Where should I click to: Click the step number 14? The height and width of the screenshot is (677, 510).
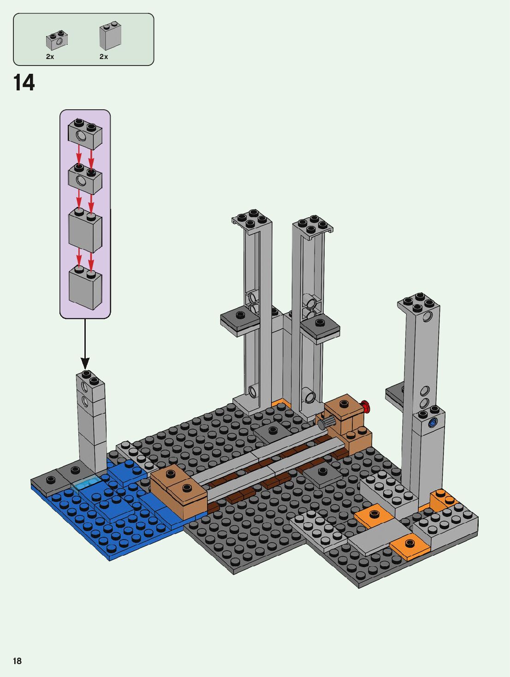[24, 83]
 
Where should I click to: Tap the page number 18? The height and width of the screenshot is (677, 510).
[17, 661]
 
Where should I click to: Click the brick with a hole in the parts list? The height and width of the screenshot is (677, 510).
[57, 41]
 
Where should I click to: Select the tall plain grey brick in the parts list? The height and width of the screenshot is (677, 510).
[110, 36]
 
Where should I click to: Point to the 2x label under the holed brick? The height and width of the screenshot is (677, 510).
[50, 57]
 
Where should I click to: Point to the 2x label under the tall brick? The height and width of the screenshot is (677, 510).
[104, 57]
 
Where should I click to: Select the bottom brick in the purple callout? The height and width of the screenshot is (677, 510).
[85, 287]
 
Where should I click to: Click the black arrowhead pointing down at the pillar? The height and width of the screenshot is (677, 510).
[85, 363]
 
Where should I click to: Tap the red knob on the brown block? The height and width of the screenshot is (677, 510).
[366, 406]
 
